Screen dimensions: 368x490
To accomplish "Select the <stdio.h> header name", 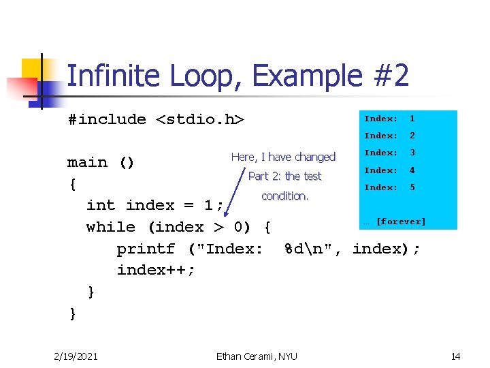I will click(x=200, y=119).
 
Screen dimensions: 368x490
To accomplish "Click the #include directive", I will click(x=107, y=119).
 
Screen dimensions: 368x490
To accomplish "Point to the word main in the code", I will click(x=88, y=162).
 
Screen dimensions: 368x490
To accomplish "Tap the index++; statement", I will click(x=156, y=270).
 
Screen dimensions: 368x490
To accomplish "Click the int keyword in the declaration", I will click(x=101, y=205).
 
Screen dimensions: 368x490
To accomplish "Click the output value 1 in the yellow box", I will click(x=412, y=119).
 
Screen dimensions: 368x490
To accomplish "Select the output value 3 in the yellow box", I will click(x=412, y=153).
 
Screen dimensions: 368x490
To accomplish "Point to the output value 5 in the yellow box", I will click(x=412, y=187).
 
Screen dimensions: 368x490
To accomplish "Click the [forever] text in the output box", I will click(x=401, y=221).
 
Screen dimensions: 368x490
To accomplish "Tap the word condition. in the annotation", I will click(x=285, y=196).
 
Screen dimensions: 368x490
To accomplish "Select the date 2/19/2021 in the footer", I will click(x=75, y=356).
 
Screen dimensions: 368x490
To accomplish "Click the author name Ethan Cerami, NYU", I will click(x=257, y=356).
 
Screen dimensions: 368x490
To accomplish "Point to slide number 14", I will click(x=455, y=356).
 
